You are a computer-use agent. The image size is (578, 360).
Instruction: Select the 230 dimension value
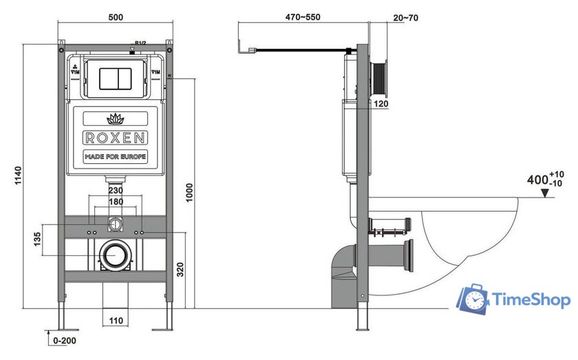(115, 191)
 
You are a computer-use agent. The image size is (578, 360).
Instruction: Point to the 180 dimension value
(115, 202)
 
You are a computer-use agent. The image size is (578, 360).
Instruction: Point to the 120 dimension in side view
(382, 104)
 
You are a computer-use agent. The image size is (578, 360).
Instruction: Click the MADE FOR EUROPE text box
(115, 156)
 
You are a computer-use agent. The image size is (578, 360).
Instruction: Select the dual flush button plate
(115, 78)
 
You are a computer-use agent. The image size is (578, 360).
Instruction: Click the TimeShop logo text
(530, 300)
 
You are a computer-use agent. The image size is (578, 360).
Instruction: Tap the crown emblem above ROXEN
(115, 117)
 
